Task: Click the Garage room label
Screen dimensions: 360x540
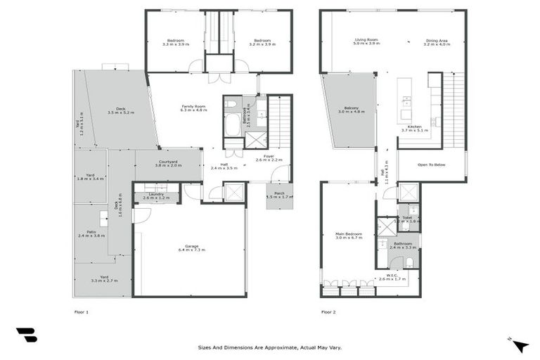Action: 192,246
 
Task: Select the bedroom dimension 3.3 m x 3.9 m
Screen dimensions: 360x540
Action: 175,44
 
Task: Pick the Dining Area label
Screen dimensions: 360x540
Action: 437,40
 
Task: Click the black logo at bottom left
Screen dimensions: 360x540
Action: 27,335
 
